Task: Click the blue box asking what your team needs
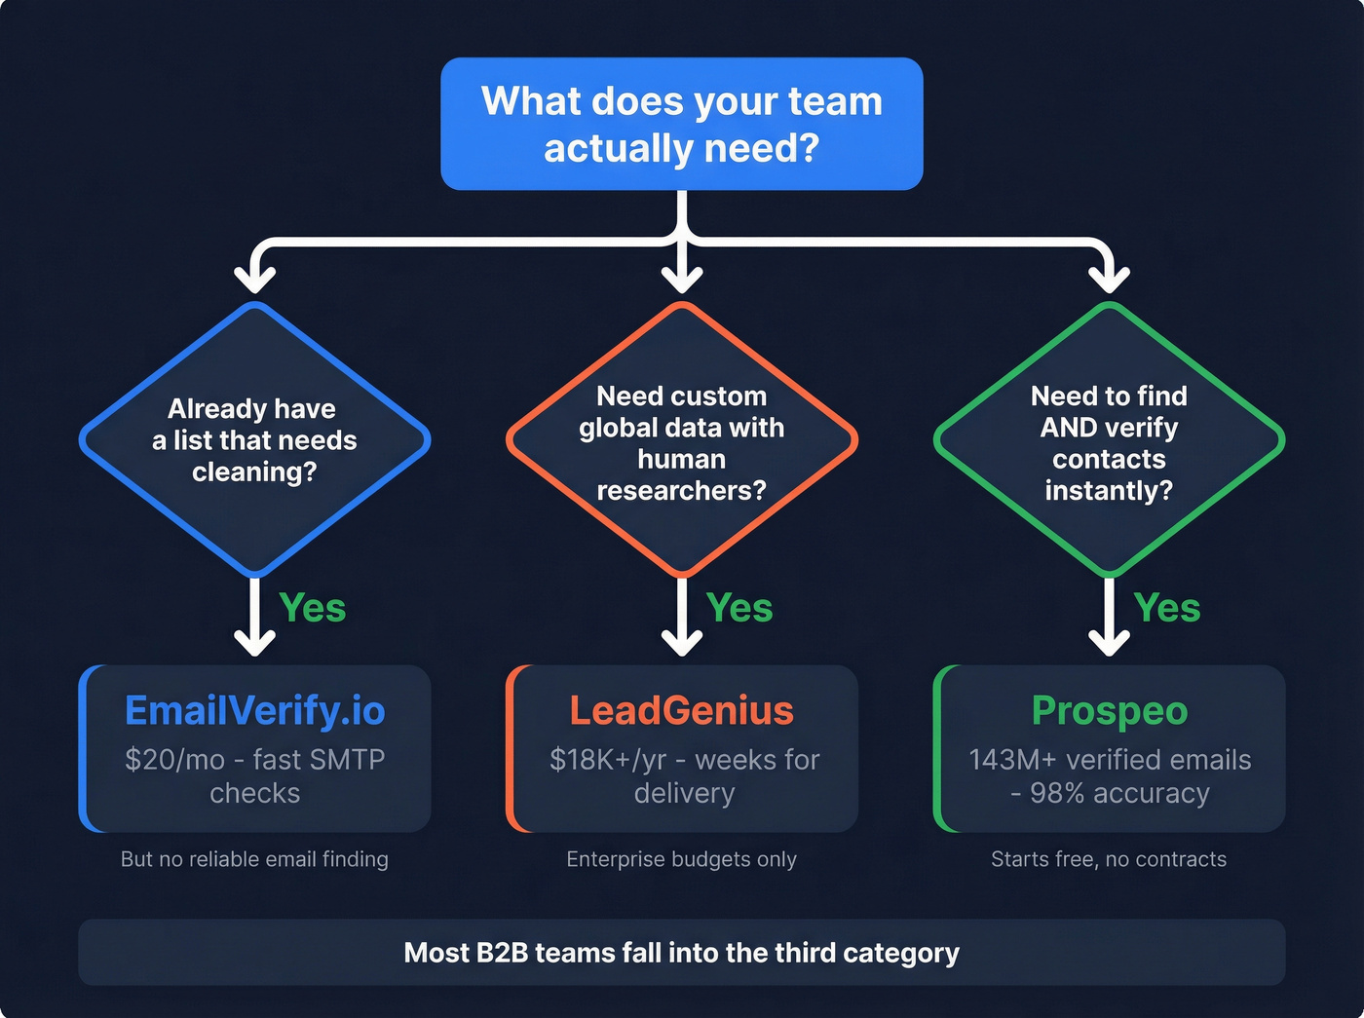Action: (681, 124)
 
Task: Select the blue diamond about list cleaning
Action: (254, 439)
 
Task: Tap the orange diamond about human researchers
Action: (681, 441)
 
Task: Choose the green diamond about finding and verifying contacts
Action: (1109, 441)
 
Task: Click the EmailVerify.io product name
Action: (254, 710)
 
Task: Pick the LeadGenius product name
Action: (681, 710)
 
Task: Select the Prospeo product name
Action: (1109, 710)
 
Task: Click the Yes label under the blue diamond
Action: (313, 608)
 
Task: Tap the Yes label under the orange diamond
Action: (739, 608)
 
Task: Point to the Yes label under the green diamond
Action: (1167, 608)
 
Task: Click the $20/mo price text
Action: (174, 759)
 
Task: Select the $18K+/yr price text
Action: (608, 759)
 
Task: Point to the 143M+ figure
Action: (1012, 759)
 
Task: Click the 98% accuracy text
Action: (1119, 793)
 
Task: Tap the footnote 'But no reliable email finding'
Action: (254, 859)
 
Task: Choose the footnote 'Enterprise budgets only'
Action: (681, 859)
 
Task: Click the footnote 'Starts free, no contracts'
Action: (1109, 859)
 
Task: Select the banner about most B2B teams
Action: (681, 952)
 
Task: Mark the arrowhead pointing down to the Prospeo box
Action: (1109, 643)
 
